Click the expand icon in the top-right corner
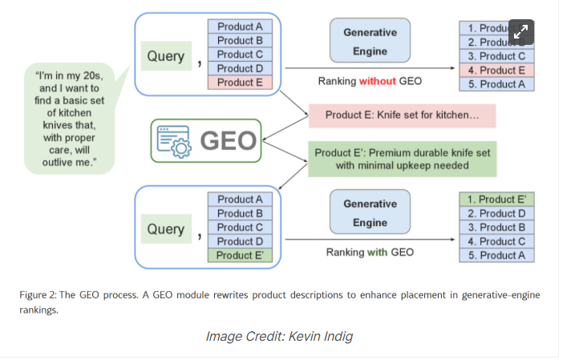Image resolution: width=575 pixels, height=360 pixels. click(x=521, y=32)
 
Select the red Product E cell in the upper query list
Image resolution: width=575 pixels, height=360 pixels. click(x=240, y=82)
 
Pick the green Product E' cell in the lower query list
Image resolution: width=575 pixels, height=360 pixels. click(x=240, y=256)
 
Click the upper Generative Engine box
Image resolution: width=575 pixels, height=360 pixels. click(x=370, y=42)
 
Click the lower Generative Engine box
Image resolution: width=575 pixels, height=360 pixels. click(x=370, y=213)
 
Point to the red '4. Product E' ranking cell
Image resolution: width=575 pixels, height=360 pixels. click(x=496, y=71)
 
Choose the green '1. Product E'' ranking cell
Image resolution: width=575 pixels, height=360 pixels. click(x=496, y=200)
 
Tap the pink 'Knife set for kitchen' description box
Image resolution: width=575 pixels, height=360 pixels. click(x=402, y=115)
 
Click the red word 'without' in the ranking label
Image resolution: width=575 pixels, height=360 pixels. click(x=376, y=81)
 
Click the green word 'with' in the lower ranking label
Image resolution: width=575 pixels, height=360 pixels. click(x=377, y=253)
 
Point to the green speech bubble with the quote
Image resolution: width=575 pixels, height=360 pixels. click(x=69, y=119)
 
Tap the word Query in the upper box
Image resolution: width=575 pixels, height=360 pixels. click(x=166, y=57)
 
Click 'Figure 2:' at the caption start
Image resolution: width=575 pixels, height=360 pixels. click(x=38, y=295)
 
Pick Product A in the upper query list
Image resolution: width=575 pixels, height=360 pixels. click(x=240, y=26)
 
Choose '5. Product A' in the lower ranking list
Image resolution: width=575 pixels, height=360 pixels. click(x=496, y=256)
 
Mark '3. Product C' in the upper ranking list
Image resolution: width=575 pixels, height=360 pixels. click(x=496, y=56)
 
